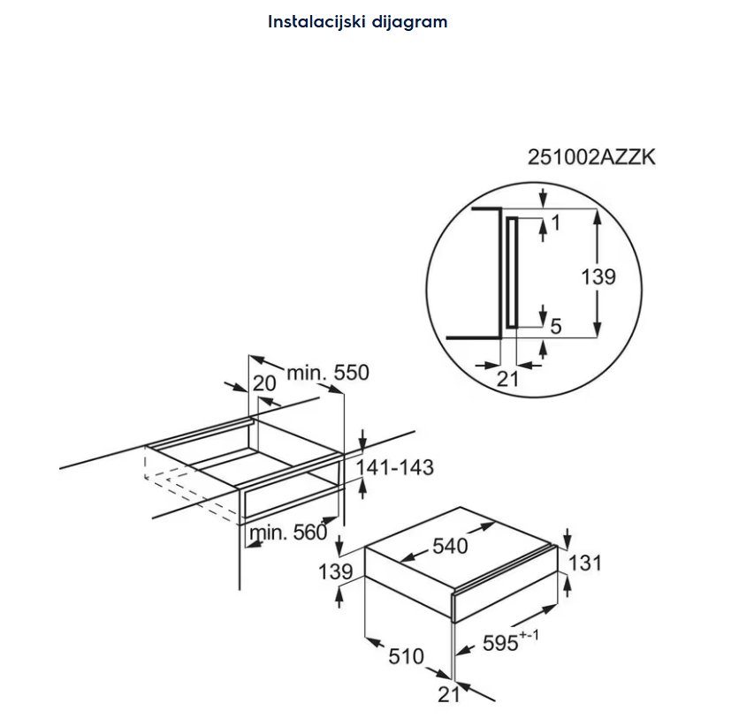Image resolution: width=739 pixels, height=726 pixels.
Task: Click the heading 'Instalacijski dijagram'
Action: click(x=358, y=22)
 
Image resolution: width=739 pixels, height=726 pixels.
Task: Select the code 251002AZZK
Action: click(x=591, y=158)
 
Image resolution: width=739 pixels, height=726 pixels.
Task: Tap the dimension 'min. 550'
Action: click(x=327, y=373)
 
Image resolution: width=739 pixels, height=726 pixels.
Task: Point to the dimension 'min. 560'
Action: click(x=288, y=532)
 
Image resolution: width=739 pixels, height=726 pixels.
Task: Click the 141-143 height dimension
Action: click(x=394, y=467)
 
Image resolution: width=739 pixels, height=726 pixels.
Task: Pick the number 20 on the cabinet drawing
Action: click(x=264, y=383)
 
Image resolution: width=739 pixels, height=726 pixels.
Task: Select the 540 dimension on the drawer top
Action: click(x=450, y=547)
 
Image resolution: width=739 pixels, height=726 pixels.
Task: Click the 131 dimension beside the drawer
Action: click(x=583, y=563)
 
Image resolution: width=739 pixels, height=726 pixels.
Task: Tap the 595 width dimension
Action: click(x=499, y=643)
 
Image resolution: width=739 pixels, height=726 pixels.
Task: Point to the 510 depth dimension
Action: click(x=407, y=656)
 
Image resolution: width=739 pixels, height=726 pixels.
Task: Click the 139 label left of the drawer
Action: click(x=336, y=571)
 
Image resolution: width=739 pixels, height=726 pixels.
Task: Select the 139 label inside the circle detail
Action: click(x=598, y=276)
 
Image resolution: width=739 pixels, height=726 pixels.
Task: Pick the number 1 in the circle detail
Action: click(x=555, y=224)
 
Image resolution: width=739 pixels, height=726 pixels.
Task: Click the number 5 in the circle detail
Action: click(x=555, y=327)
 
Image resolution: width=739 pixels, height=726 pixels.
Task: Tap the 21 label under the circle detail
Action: click(x=508, y=379)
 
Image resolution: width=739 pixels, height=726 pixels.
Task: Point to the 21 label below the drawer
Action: click(x=450, y=695)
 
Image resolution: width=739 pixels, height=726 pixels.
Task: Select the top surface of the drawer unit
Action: click(x=460, y=543)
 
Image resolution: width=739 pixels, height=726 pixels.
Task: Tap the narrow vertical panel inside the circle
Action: click(x=510, y=272)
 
